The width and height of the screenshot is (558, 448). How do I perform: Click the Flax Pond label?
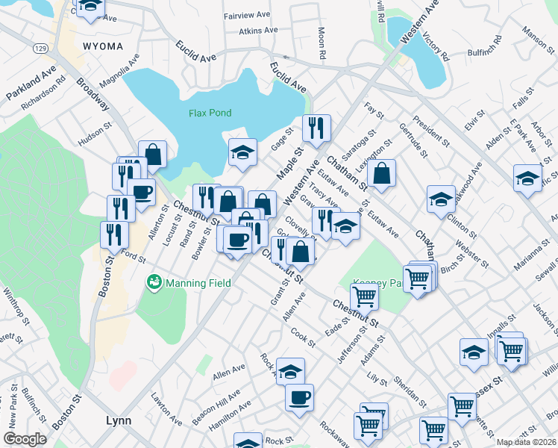click(x=210, y=113)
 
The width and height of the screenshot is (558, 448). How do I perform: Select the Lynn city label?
click(x=119, y=420)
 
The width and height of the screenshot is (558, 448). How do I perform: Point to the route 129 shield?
click(x=40, y=48)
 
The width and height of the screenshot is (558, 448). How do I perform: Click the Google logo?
click(x=25, y=439)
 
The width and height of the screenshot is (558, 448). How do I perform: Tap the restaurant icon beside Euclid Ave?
click(x=316, y=128)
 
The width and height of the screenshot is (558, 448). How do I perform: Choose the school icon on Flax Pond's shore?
click(x=242, y=153)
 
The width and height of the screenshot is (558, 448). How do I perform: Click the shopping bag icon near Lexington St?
click(x=381, y=174)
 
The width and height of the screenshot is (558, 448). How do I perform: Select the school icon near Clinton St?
click(x=441, y=199)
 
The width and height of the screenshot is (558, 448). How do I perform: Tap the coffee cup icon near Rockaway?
click(x=299, y=396)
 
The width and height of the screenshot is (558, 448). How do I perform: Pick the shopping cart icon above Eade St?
click(x=364, y=296)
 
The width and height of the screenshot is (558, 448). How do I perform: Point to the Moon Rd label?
click(x=322, y=44)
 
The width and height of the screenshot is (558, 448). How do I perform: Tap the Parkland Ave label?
click(x=31, y=83)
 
